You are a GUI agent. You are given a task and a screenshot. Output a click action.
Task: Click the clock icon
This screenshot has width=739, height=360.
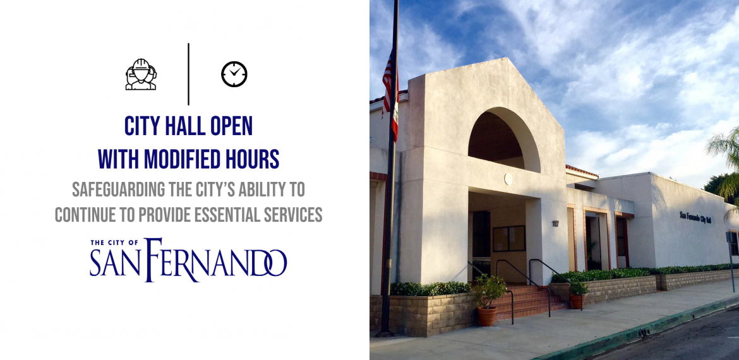234,74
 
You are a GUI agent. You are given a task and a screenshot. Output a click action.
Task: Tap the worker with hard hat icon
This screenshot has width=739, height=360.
141,74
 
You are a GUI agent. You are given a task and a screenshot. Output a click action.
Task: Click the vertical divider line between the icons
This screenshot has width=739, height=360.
188,74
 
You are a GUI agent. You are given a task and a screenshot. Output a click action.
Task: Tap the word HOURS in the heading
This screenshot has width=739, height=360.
253,159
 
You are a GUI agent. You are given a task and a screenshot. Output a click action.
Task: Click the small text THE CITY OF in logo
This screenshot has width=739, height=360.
114,243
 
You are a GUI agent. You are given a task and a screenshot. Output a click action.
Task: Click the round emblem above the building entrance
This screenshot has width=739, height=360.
508,179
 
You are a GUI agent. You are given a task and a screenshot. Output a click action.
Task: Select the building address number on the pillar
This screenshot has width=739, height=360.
556,224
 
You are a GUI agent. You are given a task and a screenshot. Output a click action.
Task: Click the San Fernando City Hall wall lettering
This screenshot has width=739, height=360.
695,217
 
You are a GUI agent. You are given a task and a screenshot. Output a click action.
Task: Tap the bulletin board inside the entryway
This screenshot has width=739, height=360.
509,239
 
